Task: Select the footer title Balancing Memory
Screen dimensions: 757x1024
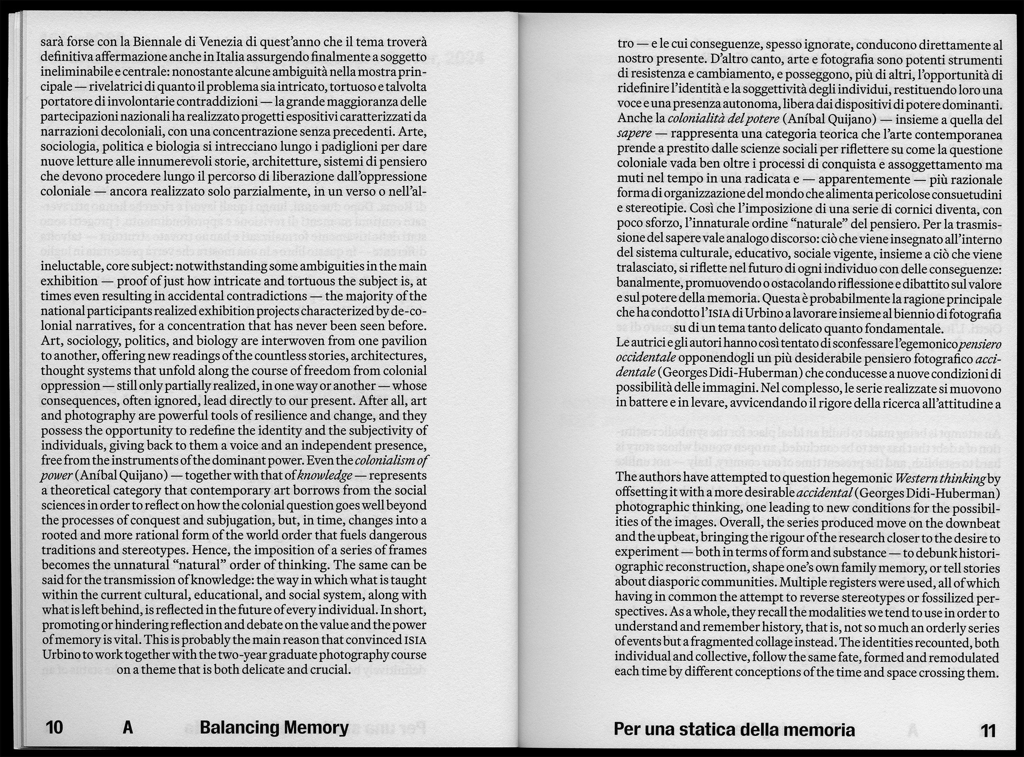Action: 274,727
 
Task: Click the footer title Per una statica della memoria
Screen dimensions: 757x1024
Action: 734,729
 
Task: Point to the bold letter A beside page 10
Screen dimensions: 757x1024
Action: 128,727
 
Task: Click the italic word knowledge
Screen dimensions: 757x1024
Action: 325,475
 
